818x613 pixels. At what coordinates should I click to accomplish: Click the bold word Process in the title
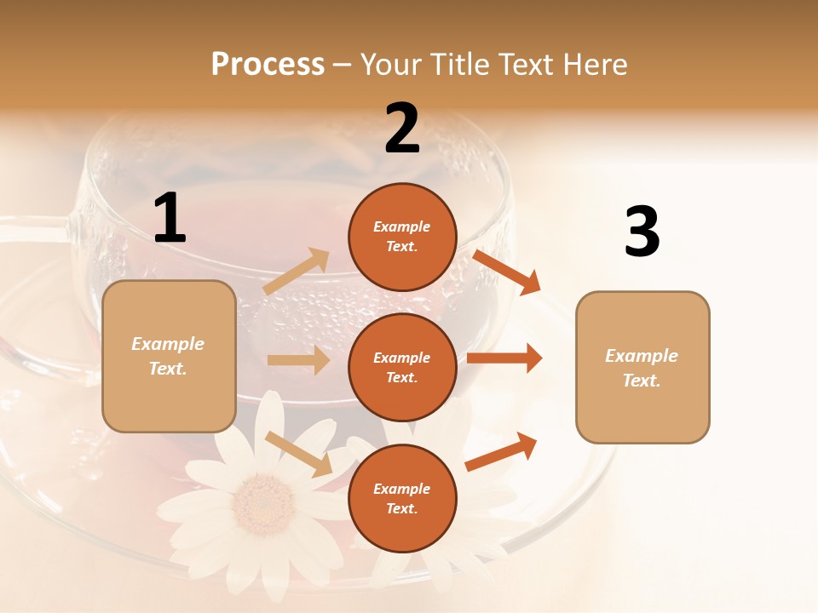[268, 65]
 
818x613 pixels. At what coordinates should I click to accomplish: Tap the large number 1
[170, 219]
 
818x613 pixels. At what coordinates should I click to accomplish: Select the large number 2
[402, 129]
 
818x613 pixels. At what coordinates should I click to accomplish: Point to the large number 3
[642, 232]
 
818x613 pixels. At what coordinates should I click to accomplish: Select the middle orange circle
[402, 367]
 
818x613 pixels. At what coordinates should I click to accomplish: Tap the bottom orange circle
[402, 498]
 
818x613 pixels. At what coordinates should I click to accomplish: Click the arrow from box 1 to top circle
[297, 272]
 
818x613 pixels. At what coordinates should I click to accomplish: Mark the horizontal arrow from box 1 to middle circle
[298, 360]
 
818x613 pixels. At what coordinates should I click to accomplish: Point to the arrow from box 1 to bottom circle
[298, 454]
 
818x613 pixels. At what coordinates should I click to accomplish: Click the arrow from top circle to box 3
[508, 272]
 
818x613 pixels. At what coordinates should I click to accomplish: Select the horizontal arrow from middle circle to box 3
[504, 358]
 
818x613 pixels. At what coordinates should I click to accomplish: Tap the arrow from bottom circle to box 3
[501, 452]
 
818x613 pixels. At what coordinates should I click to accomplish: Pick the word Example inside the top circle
[402, 226]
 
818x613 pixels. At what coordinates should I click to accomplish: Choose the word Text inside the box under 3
[641, 381]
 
